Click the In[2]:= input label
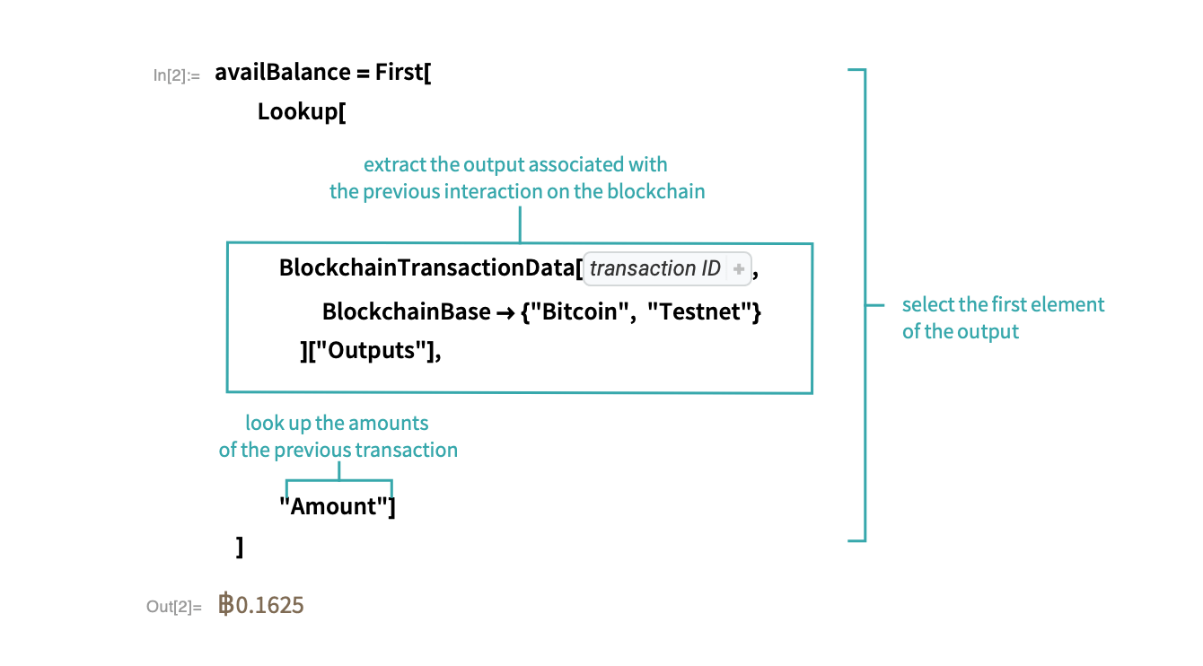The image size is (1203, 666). [176, 75]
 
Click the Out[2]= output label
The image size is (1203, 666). [169, 607]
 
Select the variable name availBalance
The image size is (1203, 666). [282, 73]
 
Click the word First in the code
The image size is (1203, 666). [399, 73]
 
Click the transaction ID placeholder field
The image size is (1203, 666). [655, 268]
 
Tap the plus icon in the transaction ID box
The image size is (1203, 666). [738, 268]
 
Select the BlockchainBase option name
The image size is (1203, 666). [406, 312]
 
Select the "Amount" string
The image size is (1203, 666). [333, 506]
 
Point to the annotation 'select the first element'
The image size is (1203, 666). [1003, 304]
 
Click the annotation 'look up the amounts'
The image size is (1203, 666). [337, 423]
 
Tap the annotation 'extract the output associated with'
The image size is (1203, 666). [515, 165]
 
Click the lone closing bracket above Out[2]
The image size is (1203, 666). [239, 547]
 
